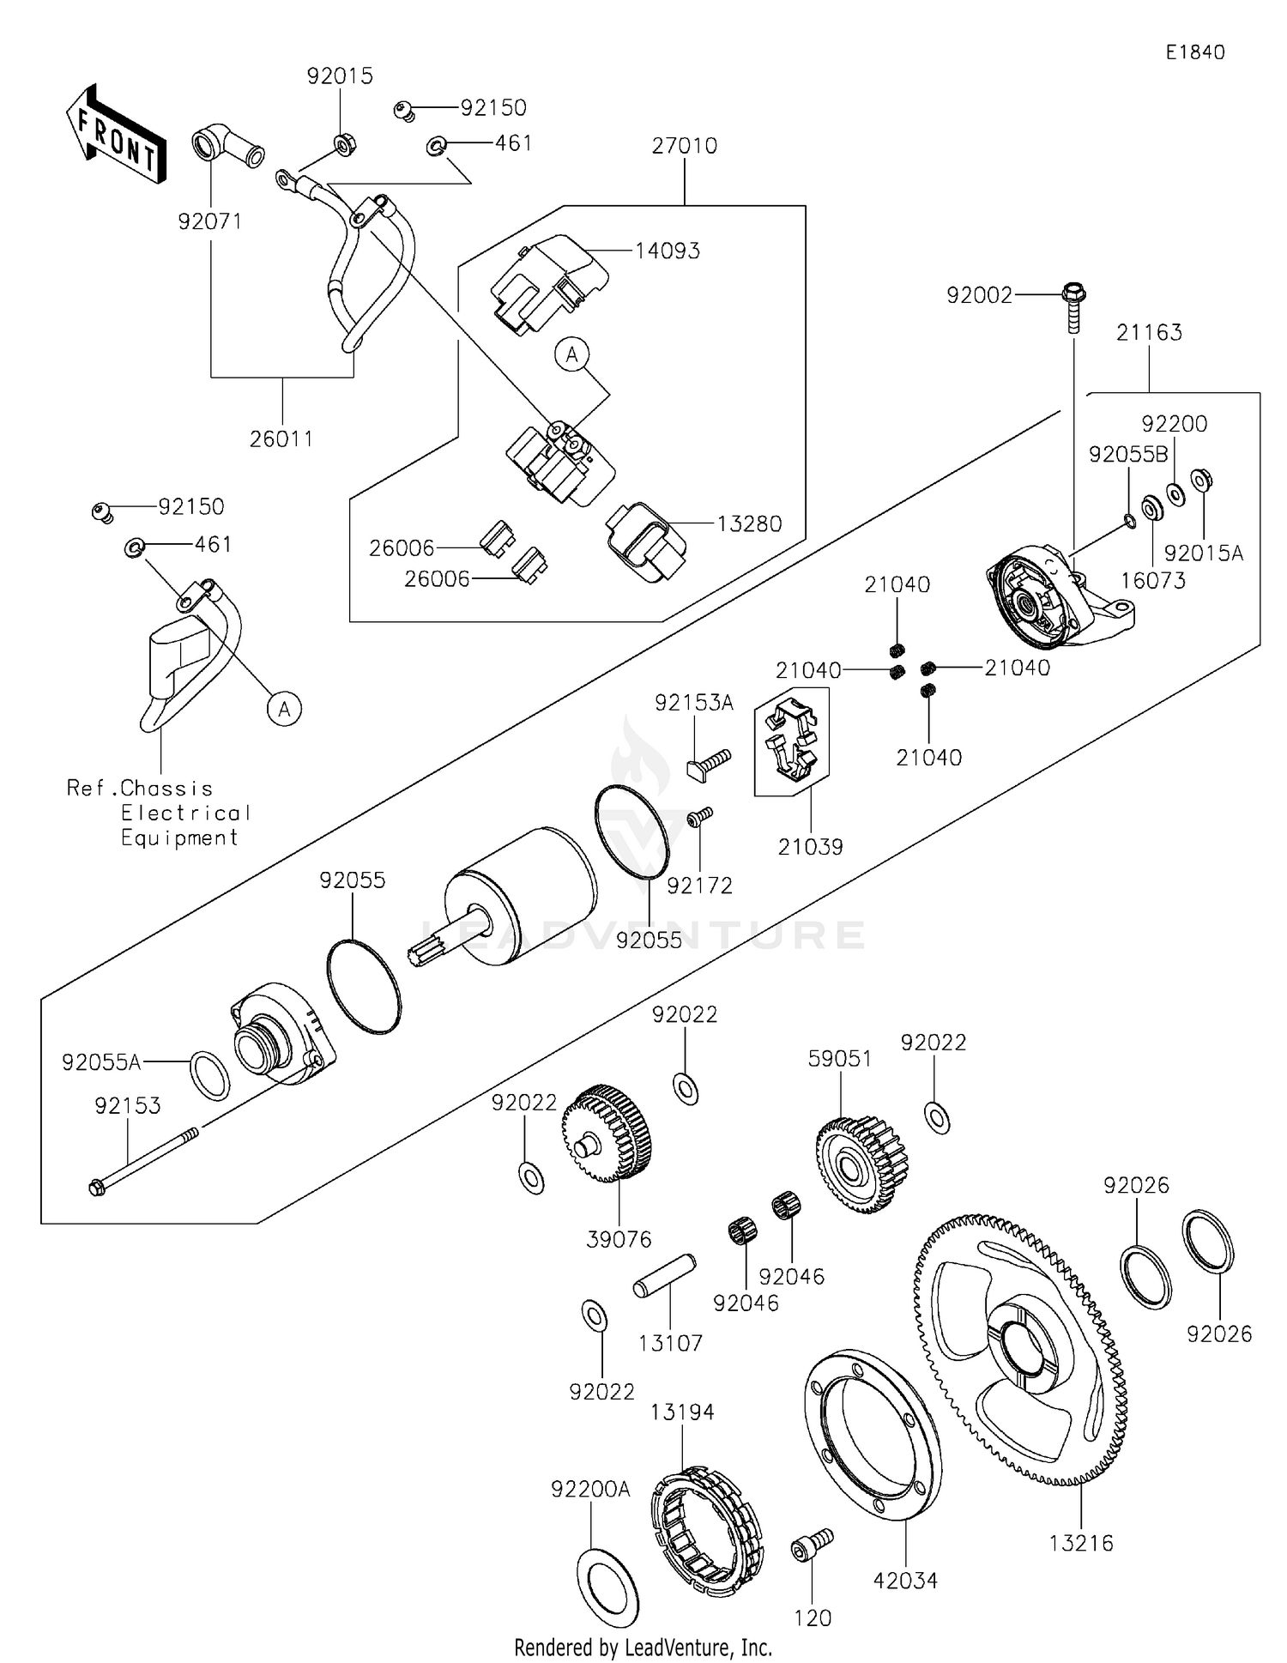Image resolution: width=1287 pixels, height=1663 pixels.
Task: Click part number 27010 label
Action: click(684, 146)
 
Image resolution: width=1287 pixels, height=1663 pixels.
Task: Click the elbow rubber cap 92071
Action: click(225, 146)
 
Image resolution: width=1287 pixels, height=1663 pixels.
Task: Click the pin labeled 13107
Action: click(664, 1277)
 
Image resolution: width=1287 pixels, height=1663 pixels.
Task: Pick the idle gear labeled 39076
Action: click(607, 1134)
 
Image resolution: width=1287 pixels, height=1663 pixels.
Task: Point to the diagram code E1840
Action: click(1194, 52)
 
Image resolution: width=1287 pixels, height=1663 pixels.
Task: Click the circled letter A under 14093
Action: click(572, 354)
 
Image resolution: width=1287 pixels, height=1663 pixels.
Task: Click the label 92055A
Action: click(101, 1062)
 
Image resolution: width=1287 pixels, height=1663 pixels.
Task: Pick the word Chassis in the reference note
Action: click(166, 788)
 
